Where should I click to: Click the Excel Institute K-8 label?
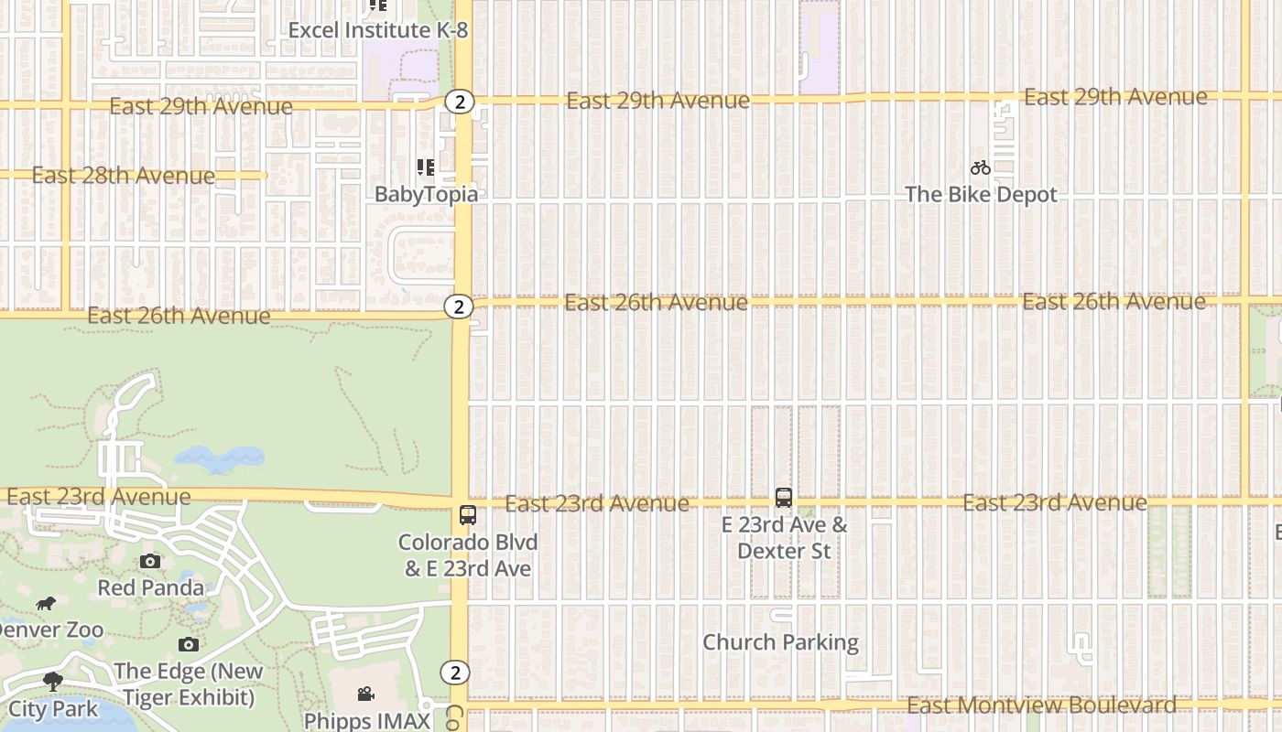pyautogui.click(x=377, y=30)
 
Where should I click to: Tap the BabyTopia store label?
pyautogui.click(x=426, y=194)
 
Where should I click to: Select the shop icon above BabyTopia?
pyautogui.click(x=426, y=167)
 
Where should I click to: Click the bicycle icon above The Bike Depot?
pyautogui.click(x=981, y=167)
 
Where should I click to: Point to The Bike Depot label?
pyautogui.click(x=981, y=195)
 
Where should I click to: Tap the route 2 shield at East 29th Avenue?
pyautogui.click(x=460, y=102)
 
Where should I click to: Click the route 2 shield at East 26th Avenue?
pyautogui.click(x=460, y=307)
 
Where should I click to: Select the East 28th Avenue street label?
pyautogui.click(x=124, y=176)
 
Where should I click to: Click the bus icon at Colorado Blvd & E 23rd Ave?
pyautogui.click(x=468, y=515)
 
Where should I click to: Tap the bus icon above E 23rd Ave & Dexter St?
pyautogui.click(x=784, y=498)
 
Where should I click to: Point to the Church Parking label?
pyautogui.click(x=780, y=642)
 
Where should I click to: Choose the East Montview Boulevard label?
pyautogui.click(x=1041, y=705)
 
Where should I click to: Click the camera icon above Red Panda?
pyautogui.click(x=150, y=561)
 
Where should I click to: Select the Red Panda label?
pyautogui.click(x=150, y=587)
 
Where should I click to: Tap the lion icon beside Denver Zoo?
pyautogui.click(x=46, y=603)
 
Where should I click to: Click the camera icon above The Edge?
pyautogui.click(x=189, y=644)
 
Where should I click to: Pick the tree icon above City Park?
pyautogui.click(x=53, y=682)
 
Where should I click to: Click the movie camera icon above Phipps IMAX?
pyautogui.click(x=366, y=694)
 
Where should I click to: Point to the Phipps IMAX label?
pyautogui.click(x=366, y=721)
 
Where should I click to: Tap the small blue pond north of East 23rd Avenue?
pyautogui.click(x=219, y=458)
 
